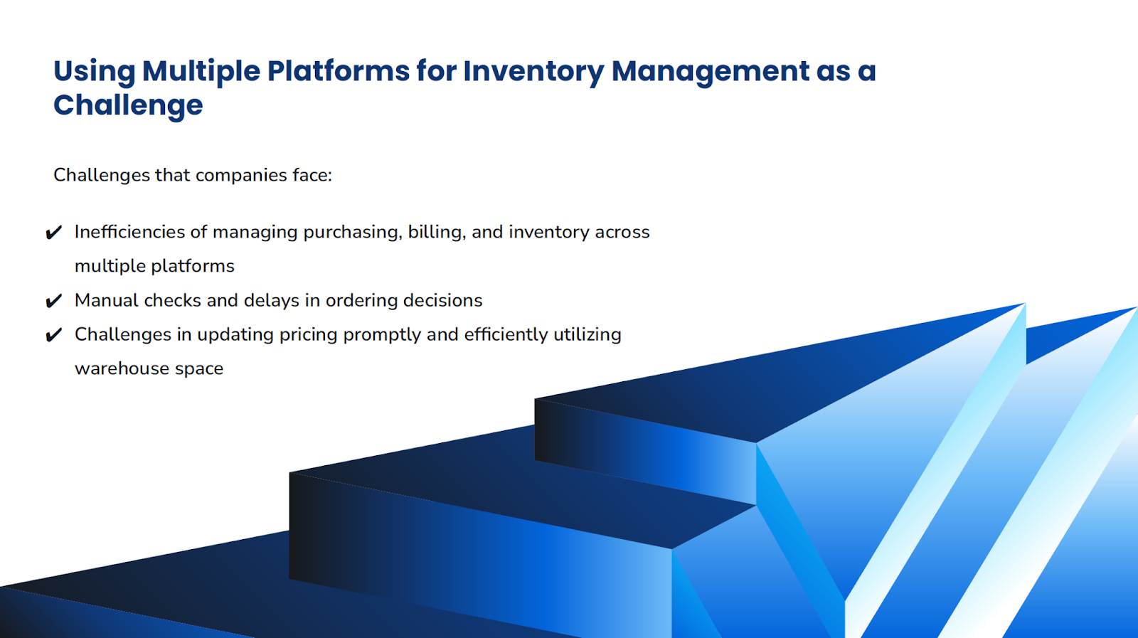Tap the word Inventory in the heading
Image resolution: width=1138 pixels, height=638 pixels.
click(x=533, y=72)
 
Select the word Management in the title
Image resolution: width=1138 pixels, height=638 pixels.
click(x=710, y=72)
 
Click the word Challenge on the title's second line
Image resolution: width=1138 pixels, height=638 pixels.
click(x=128, y=106)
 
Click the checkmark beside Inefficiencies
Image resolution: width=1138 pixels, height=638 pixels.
click(x=54, y=233)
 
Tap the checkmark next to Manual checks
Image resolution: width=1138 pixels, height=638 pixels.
click(x=54, y=301)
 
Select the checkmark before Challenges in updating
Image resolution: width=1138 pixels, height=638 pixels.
click(x=54, y=335)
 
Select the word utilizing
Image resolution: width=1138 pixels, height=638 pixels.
click(x=587, y=335)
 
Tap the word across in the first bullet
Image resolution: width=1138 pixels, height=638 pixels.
click(x=622, y=232)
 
